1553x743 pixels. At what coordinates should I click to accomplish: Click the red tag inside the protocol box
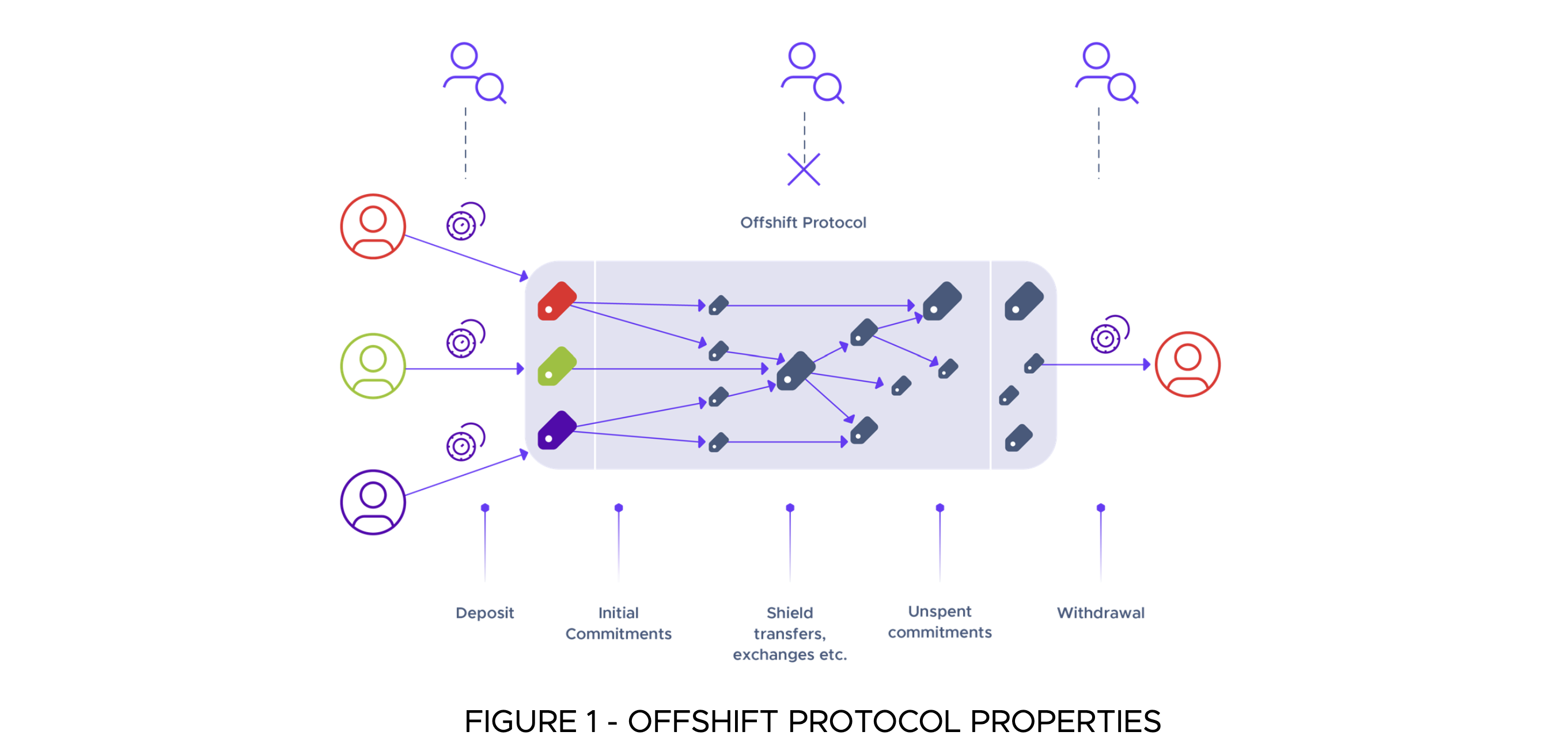point(556,301)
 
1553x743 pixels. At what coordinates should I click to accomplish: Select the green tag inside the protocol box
point(556,366)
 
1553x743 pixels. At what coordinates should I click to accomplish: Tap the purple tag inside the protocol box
point(556,430)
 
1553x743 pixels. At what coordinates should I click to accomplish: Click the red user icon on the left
point(373,226)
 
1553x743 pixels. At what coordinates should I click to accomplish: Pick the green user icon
point(373,366)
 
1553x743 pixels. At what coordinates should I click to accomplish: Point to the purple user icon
point(373,502)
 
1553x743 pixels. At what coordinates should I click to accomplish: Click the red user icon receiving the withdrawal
point(1187,364)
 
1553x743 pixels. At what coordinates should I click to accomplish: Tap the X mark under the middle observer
point(804,169)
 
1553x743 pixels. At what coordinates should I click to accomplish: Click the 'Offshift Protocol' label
point(803,222)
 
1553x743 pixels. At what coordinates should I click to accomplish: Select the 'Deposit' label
point(484,613)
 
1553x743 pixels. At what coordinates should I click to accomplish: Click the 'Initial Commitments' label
point(618,623)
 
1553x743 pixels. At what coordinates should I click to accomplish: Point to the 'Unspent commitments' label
point(940,622)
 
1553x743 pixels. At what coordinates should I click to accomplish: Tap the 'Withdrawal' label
point(1100,613)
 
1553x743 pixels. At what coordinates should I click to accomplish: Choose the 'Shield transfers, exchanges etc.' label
point(790,634)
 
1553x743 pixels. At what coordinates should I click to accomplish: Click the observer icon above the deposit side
point(475,73)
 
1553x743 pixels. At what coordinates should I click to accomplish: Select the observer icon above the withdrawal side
point(1106,73)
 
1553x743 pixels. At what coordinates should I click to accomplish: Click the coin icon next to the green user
point(465,339)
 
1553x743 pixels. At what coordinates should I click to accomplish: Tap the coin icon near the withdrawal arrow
point(1109,335)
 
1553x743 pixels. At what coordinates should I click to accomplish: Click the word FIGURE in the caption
point(521,721)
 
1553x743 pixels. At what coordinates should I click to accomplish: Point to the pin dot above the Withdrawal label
point(1100,508)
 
